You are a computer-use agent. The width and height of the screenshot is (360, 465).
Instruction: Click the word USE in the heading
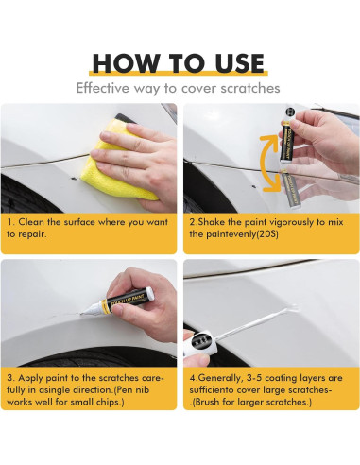pos(240,63)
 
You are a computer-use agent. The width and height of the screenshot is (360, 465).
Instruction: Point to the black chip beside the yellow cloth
pos(74,179)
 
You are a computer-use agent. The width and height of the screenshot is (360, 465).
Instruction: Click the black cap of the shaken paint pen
pos(290,112)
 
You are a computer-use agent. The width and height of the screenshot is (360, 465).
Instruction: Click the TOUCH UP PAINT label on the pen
pos(127,300)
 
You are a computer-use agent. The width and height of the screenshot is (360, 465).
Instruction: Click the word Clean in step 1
pos(31,222)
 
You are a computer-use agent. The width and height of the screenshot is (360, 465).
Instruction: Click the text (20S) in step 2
pos(267,234)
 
